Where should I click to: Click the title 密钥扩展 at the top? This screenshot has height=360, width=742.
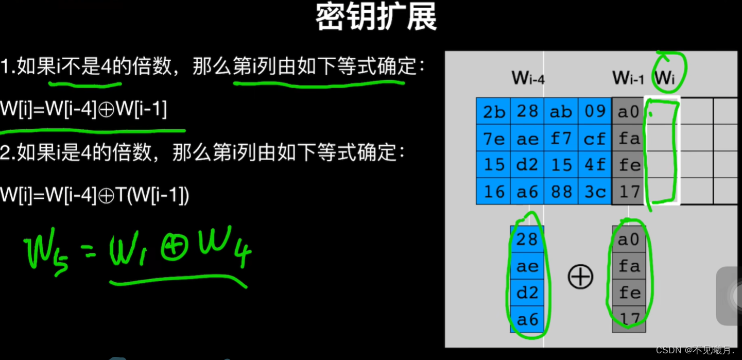pyautogui.click(x=376, y=18)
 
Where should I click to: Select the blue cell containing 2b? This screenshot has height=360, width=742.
pyautogui.click(x=493, y=112)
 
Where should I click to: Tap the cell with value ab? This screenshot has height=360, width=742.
pyautogui.click(x=561, y=112)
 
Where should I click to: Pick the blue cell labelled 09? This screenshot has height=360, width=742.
pyautogui.click(x=595, y=112)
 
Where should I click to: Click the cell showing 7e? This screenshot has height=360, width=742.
pyautogui.click(x=493, y=139)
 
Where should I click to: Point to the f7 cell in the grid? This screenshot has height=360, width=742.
pyautogui.click(x=561, y=139)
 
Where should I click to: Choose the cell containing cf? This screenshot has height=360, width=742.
pyautogui.click(x=595, y=139)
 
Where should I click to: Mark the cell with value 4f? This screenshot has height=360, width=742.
pyautogui.click(x=595, y=165)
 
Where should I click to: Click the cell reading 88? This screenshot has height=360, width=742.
pyautogui.click(x=561, y=192)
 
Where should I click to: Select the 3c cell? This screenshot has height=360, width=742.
pyautogui.click(x=595, y=192)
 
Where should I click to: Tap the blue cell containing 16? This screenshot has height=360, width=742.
pyautogui.click(x=493, y=192)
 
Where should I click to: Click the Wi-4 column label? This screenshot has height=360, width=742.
pyautogui.click(x=528, y=79)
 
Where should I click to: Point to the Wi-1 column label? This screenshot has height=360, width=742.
pyautogui.click(x=628, y=79)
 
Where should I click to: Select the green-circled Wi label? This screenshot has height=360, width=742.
pyautogui.click(x=665, y=78)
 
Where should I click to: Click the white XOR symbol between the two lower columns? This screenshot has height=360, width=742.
pyautogui.click(x=580, y=277)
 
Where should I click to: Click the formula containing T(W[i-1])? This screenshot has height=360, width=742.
pyautogui.click(x=95, y=195)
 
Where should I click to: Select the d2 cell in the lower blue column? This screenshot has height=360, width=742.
pyautogui.click(x=527, y=293)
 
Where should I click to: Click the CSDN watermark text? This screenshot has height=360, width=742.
pyautogui.click(x=695, y=350)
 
